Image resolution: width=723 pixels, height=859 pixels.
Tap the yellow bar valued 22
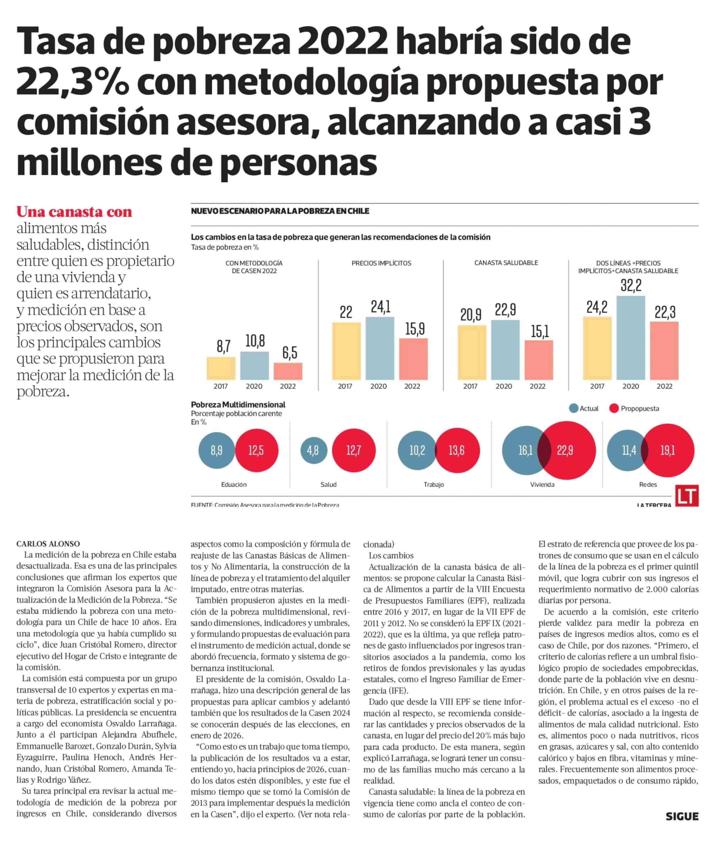[346, 351]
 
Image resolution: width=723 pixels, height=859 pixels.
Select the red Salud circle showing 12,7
[354, 450]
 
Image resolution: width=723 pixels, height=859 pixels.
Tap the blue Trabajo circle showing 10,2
[417, 450]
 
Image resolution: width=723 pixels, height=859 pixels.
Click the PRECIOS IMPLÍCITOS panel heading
[381, 263]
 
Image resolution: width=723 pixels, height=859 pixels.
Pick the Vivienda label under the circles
[542, 485]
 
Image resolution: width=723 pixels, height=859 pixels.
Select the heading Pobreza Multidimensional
[238, 404]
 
